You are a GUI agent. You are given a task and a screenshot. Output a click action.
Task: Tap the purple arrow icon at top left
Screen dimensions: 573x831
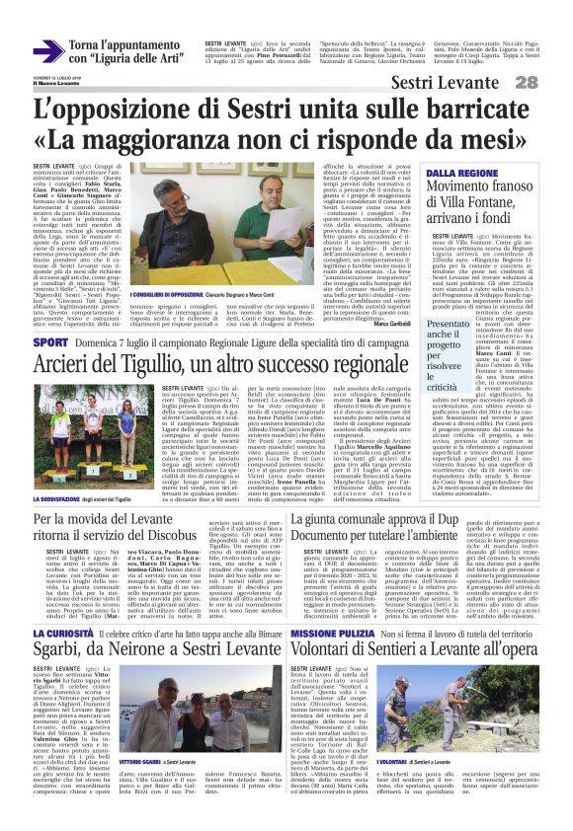pos(47,51)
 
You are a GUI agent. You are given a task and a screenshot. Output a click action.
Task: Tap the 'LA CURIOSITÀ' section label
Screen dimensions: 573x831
pos(62,634)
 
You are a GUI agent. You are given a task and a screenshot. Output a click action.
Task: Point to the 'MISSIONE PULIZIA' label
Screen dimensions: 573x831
pos(325,634)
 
